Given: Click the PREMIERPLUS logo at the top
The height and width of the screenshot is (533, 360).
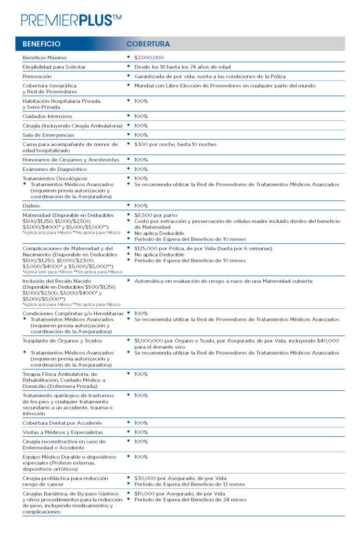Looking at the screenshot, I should (71, 20).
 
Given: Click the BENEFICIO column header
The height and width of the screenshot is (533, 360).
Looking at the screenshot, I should (42, 44).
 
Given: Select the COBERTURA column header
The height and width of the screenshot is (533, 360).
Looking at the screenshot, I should (148, 44).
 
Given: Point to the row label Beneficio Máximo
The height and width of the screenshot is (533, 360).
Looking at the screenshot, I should (45, 57).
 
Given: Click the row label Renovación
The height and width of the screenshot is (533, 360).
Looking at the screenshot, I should (37, 76).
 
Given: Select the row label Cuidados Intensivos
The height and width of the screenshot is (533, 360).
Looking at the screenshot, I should (47, 116).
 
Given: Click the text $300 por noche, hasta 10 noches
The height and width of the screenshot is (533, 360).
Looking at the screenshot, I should (175, 144).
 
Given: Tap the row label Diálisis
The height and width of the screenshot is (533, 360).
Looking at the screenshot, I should (32, 206).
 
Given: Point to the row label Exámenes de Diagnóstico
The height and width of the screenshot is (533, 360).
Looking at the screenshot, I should (55, 169).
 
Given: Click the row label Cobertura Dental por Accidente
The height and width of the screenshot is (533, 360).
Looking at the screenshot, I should (62, 423).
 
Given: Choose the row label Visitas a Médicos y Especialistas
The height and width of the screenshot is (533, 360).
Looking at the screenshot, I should (62, 432).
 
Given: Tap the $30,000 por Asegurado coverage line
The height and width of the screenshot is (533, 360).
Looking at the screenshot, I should (179, 478).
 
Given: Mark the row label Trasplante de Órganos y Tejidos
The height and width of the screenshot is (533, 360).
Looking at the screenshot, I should (62, 340).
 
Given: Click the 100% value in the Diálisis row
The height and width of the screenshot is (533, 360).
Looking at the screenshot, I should (141, 206).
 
